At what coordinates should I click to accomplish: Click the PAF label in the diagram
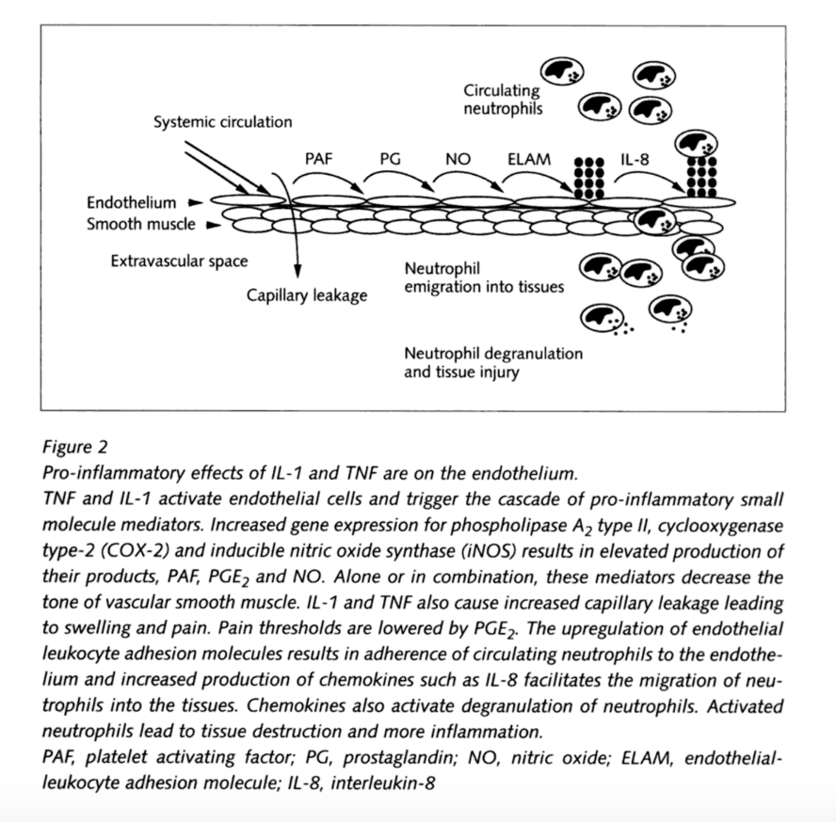[318, 159]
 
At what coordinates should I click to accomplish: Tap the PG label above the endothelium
[391, 159]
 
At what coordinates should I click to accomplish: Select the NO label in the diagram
[458, 159]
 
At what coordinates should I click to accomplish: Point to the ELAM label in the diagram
[529, 159]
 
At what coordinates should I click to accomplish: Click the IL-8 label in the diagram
[635, 159]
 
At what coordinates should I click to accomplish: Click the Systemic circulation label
[223, 122]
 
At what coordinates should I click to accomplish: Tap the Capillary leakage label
[307, 295]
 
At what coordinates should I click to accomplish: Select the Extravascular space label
[179, 261]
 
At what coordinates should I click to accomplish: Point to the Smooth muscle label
[141, 224]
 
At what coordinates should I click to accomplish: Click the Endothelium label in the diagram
[131, 202]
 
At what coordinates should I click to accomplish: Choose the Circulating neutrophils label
[502, 100]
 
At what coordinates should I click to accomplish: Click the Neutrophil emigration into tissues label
[484, 277]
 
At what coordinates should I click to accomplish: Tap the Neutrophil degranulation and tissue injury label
[493, 362]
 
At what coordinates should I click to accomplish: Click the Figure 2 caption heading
[75, 447]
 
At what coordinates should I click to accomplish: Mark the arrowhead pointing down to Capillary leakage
[297, 271]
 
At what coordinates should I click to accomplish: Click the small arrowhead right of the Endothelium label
[195, 202]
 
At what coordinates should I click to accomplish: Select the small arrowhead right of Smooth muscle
[214, 226]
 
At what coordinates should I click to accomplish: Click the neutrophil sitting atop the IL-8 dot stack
[696, 143]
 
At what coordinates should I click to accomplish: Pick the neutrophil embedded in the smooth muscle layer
[654, 221]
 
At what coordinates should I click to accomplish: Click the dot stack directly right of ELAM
[588, 178]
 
